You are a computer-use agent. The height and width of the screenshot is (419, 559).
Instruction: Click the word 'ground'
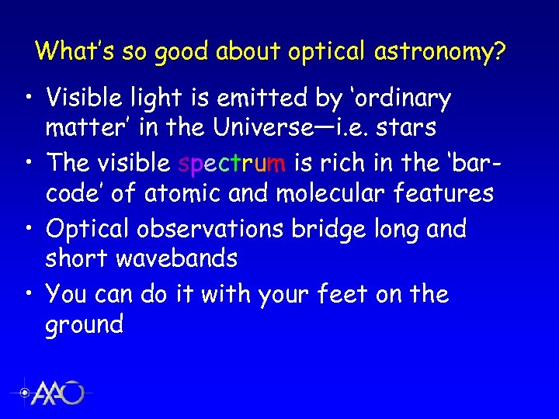coord(85,324)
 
